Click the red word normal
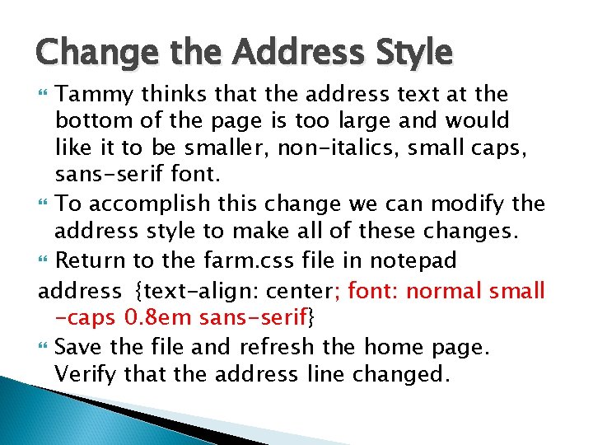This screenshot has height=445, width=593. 441,291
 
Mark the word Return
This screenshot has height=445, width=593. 92,261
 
